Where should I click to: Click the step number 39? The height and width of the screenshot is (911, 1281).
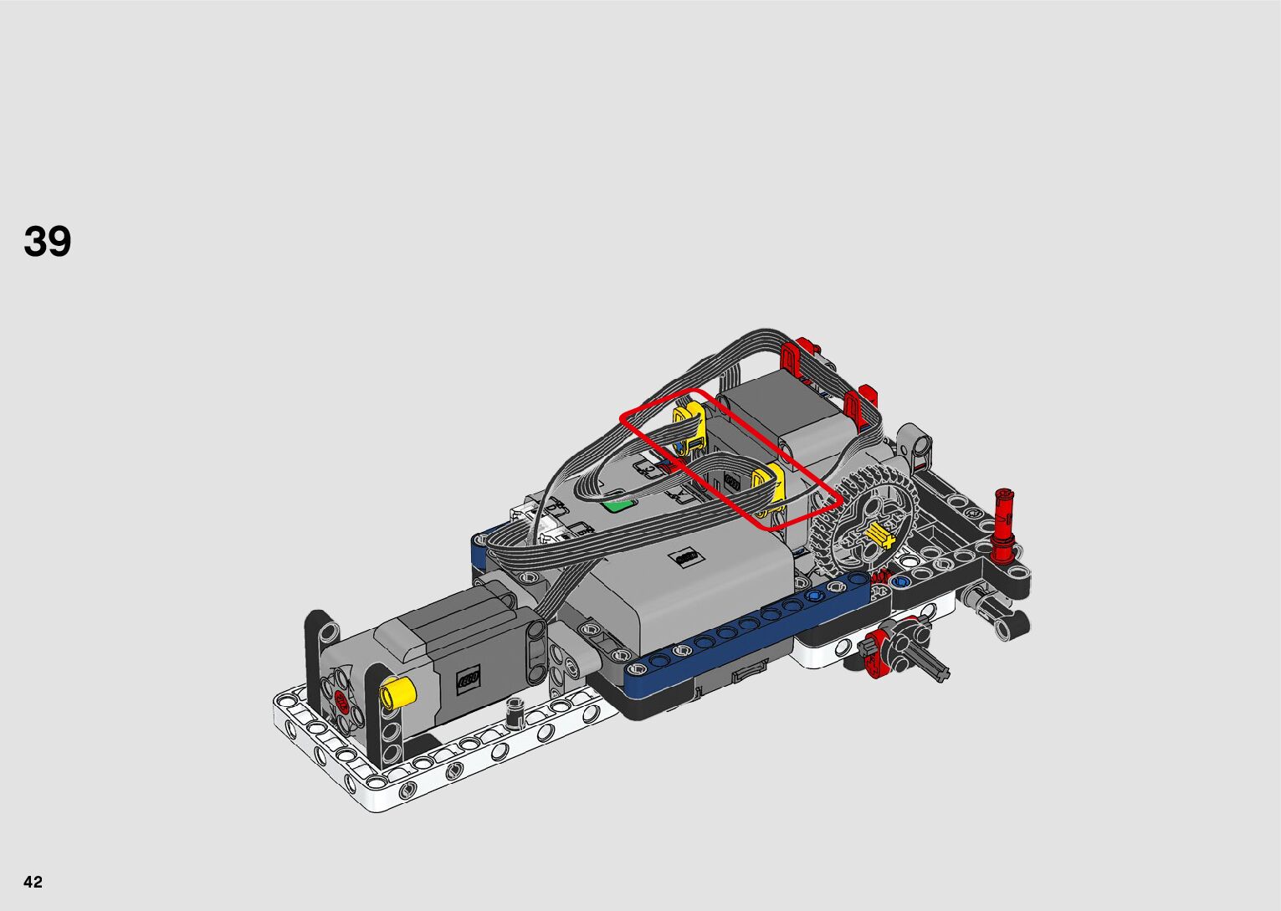pyautogui.click(x=48, y=241)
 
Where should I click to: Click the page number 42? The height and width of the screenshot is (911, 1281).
pyautogui.click(x=33, y=881)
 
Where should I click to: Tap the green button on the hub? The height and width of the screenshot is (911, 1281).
pyautogui.click(x=620, y=505)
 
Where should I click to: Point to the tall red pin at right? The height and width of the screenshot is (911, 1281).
pyautogui.click(x=1004, y=527)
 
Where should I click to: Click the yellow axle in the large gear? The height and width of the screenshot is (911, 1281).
pyautogui.click(x=879, y=536)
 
